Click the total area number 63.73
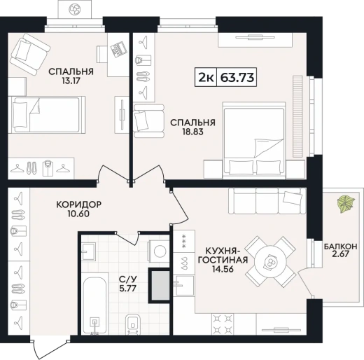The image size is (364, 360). [x=237, y=78]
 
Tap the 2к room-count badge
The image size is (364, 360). [x=206, y=78]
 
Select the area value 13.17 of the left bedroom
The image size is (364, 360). [x=71, y=81]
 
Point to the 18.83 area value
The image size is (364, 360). [x=193, y=132]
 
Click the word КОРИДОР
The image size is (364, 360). [x=79, y=205]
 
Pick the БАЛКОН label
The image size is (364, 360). [x=340, y=247]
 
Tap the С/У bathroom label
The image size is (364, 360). [x=128, y=279]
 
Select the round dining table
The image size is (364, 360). [x=271, y=262]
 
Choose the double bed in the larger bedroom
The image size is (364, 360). [x=254, y=140]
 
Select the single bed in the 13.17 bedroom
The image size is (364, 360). [x=47, y=115]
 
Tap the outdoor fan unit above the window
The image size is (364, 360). [x=75, y=10]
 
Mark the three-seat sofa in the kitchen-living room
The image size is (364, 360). [x=267, y=201]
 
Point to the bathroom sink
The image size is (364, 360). [x=89, y=251]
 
